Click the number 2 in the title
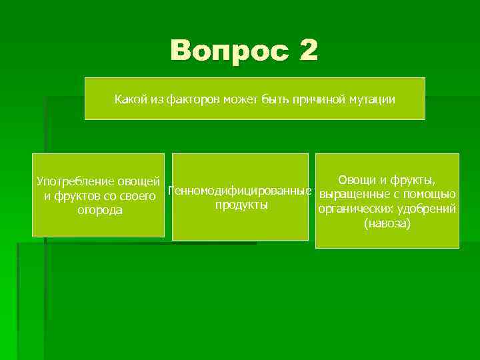click(x=308, y=51)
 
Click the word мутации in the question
click(x=371, y=99)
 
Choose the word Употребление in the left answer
click(x=74, y=181)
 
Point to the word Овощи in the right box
click(x=358, y=179)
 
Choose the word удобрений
click(x=428, y=209)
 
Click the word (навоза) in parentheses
click(x=387, y=223)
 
